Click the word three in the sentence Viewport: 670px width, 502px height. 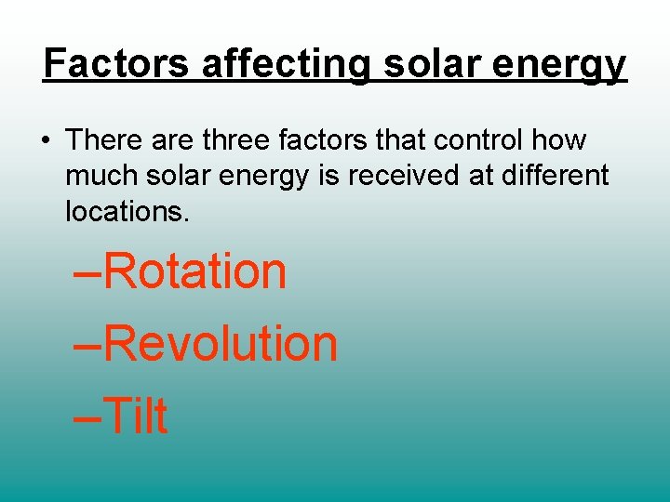pos(237,140)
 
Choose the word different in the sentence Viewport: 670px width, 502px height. pos(555,176)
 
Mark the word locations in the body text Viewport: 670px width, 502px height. pos(127,211)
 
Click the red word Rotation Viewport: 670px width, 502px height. pos(194,271)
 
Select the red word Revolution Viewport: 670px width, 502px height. pos(220,343)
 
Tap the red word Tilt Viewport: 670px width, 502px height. pos(136,415)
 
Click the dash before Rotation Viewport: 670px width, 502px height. pos(87,274)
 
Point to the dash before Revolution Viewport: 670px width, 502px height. pos(87,346)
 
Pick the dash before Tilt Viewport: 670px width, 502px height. pos(87,417)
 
